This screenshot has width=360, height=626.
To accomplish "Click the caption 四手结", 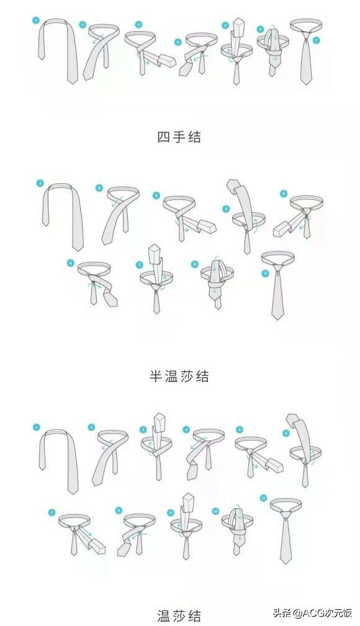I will pyautogui.click(x=179, y=137).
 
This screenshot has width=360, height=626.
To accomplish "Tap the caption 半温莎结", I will pyautogui.click(x=179, y=375).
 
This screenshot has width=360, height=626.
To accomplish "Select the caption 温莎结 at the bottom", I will pyautogui.click(x=179, y=615).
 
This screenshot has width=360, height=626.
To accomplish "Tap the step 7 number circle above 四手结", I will pyautogui.click(x=317, y=40).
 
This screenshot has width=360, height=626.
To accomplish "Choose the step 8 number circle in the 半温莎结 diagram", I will pyautogui.click(x=194, y=264).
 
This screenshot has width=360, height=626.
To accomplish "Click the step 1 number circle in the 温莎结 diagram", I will pyautogui.click(x=36, y=427).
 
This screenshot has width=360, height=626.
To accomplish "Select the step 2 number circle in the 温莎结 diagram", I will pyautogui.click(x=91, y=427).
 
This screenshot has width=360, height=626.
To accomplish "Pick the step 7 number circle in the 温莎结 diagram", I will pyautogui.click(x=52, y=512).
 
